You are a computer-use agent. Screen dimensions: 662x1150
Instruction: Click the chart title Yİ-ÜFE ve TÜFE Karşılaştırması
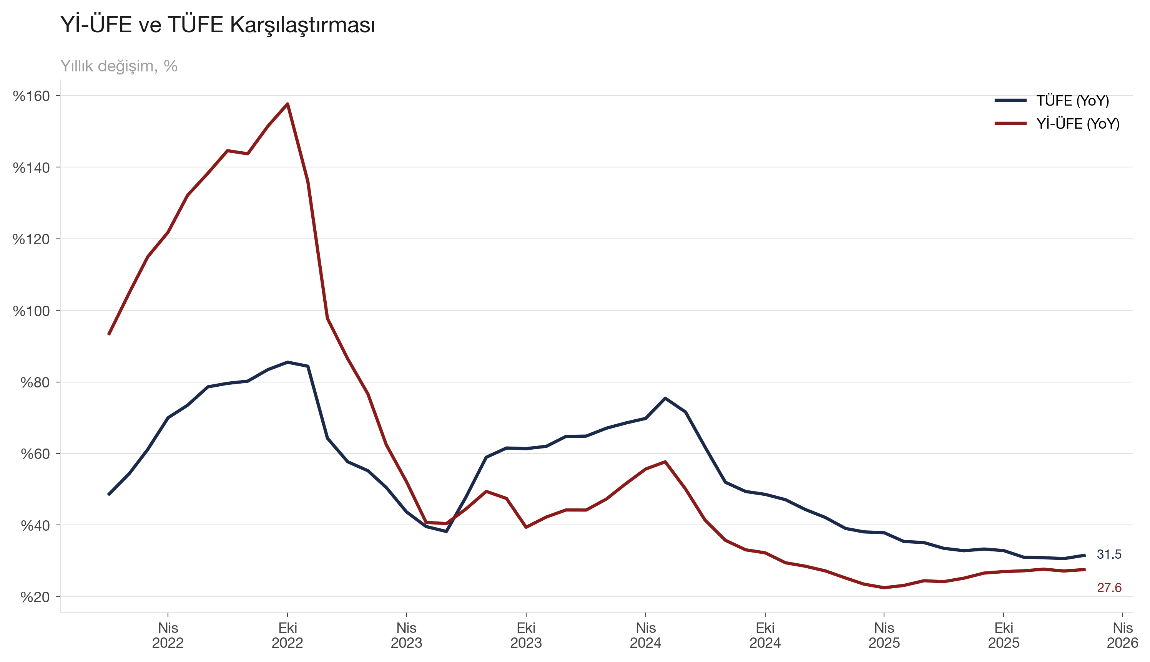(218, 25)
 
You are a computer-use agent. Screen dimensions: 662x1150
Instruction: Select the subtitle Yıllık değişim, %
(119, 66)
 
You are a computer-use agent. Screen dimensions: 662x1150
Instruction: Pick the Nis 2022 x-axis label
(168, 635)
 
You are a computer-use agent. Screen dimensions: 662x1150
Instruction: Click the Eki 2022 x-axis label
(287, 635)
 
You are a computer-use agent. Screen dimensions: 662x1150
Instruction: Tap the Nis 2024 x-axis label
(645, 635)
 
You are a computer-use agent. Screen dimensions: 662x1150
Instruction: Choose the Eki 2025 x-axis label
(1004, 635)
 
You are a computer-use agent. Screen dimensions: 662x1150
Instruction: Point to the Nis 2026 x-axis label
(1122, 635)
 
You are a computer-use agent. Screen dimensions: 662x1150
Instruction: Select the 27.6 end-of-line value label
(1109, 588)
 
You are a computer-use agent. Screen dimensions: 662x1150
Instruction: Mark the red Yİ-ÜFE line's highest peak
(287, 104)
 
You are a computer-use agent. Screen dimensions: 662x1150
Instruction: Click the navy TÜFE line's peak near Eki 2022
(287, 362)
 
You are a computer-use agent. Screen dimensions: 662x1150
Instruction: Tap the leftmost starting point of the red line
(109, 334)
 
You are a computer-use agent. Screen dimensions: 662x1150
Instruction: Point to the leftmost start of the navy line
(109, 494)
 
